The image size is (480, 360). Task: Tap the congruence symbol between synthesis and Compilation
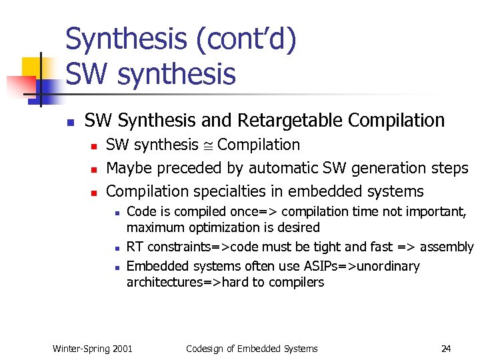(x=209, y=145)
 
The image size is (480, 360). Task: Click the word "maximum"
(x=154, y=227)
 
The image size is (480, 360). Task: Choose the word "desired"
(x=297, y=227)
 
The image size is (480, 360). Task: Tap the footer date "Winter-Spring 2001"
(x=92, y=348)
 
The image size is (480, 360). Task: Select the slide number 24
(x=446, y=348)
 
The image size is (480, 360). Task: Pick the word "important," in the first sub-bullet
(x=437, y=211)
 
